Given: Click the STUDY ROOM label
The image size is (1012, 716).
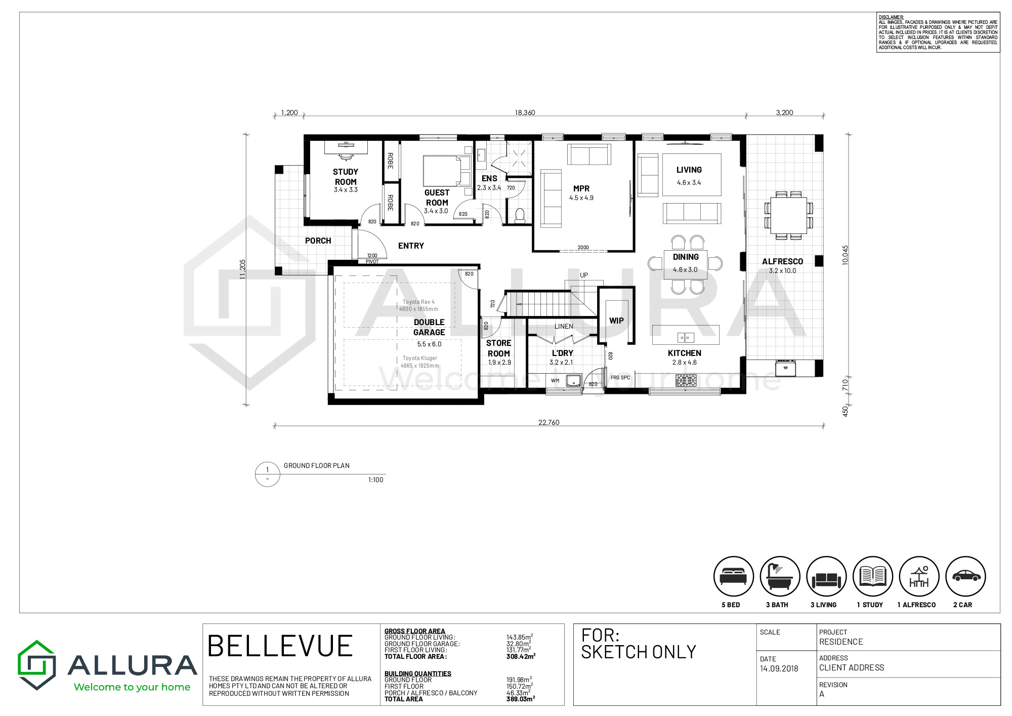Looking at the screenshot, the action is tap(346, 177).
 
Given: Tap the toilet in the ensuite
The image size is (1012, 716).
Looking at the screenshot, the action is tap(520, 215).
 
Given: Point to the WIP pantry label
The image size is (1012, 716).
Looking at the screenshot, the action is tap(616, 321).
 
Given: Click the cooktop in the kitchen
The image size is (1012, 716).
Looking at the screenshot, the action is tap(686, 380).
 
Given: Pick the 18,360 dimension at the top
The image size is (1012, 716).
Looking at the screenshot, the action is tap(525, 112).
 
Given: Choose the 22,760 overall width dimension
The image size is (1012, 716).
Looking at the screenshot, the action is tap(549, 422).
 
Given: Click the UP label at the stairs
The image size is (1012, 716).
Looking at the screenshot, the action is tap(584, 275).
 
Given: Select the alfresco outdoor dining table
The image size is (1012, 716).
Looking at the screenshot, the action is tap(788, 215).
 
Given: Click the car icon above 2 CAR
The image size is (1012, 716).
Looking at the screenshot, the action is tap(965, 576).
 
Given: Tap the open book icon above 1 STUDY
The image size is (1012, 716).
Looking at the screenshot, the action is tap(872, 576).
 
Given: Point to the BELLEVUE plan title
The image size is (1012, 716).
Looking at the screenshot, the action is tap(280, 646).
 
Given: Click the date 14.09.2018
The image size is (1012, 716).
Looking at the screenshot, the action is tap(779, 668).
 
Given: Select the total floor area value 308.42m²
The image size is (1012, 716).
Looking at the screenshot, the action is tap(521, 657).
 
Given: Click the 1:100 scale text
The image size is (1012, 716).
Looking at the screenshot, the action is tap(375, 480).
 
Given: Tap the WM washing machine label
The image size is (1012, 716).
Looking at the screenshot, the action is tap(555, 380).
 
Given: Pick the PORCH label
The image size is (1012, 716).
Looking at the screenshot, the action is tap(318, 241).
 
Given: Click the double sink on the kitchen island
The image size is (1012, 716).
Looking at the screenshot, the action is tap(686, 337).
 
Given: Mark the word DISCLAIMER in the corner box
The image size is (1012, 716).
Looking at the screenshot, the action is tap(891, 17).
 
